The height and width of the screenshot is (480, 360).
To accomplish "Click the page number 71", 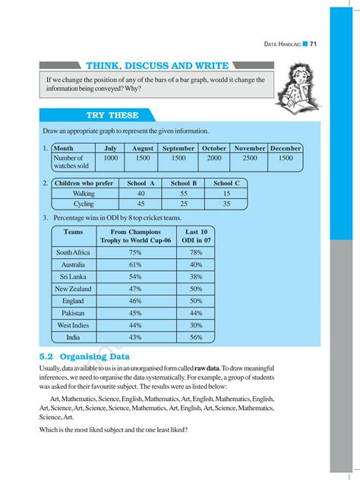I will click(313, 44).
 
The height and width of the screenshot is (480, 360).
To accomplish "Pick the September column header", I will click(178, 148).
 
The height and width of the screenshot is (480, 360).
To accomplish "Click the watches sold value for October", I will click(215, 158).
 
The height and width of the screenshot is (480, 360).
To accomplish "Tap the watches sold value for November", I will click(250, 158).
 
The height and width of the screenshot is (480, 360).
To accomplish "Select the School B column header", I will click(184, 183).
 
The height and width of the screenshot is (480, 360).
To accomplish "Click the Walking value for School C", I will click(226, 194).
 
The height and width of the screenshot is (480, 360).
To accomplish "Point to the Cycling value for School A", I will click(141, 204).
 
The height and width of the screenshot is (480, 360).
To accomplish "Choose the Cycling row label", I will click(84, 204).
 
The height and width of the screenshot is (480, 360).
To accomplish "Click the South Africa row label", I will click(74, 252).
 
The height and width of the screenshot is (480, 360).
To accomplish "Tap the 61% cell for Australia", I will click(136, 264).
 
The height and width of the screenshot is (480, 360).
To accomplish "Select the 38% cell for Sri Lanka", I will click(196, 276).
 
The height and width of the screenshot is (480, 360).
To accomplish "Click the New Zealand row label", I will click(74, 289).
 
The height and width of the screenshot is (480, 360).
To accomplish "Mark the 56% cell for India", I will click(196, 337).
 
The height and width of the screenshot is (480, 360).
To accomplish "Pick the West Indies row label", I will click(74, 325).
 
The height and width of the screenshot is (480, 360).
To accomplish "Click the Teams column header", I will click(74, 232).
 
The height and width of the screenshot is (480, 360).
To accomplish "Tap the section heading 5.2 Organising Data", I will click(84, 356).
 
